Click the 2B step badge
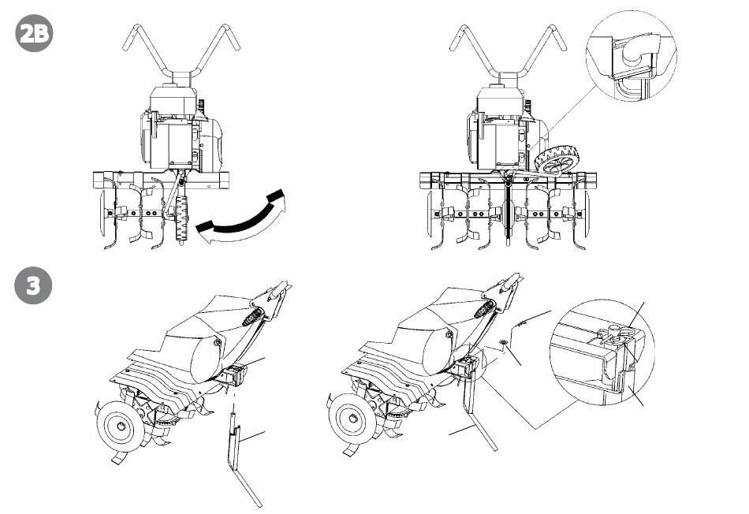click(x=34, y=35)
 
